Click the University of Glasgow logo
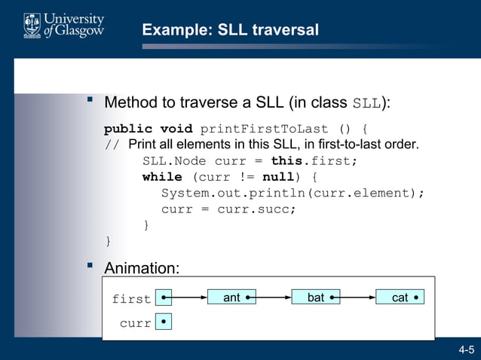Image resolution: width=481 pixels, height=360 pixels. pos(63,26)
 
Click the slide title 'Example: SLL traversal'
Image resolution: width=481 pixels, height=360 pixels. pos(230,30)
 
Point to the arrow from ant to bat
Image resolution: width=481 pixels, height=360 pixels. pos(270,298)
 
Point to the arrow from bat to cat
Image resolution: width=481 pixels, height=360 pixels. pos(354,298)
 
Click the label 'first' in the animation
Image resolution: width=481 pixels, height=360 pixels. pos(131,299)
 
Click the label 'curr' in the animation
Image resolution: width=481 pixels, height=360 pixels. pos(135,323)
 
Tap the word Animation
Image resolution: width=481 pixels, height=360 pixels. pos(142,268)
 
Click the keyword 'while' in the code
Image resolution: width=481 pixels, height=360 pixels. pos(162,177)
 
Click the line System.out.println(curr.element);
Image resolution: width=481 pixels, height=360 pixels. pos(293,193)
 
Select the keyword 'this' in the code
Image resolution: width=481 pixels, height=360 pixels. pos(286,161)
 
